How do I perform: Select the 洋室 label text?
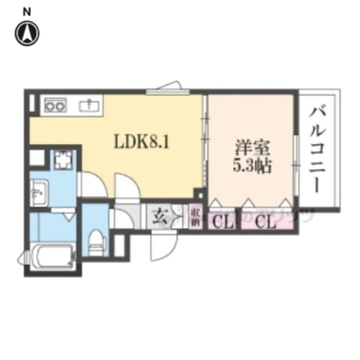coord(252,148)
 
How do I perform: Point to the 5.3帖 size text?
coord(252,165)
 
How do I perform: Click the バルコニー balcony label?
coord(319,150)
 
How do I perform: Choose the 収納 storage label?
coord(194,217)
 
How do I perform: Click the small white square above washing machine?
coord(36,158)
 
